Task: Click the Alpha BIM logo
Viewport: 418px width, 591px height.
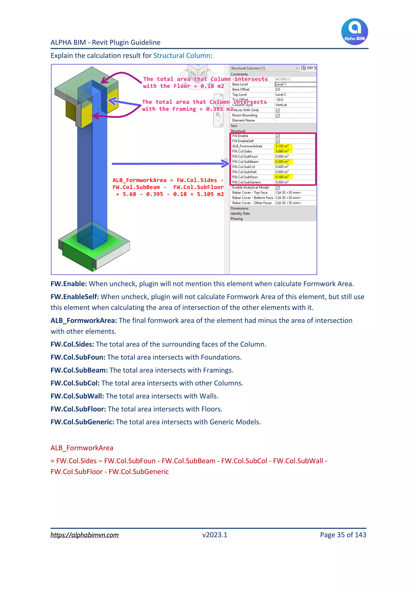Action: [355, 31]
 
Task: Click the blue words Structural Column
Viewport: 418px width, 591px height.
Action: [182, 56]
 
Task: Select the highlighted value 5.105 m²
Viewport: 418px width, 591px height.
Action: [282, 146]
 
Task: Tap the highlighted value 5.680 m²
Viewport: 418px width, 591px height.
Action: [282, 151]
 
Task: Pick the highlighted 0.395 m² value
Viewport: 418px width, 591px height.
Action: [282, 162]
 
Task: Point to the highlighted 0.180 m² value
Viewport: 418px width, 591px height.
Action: [282, 177]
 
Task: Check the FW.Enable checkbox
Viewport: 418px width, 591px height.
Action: [278, 136]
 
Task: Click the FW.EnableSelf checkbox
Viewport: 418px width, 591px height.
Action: [278, 141]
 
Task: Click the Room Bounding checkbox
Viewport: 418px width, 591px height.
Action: [278, 116]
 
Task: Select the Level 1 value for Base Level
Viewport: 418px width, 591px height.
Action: [281, 85]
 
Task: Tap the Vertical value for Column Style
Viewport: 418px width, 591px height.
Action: [281, 105]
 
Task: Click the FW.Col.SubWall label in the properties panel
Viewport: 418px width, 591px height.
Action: [244, 172]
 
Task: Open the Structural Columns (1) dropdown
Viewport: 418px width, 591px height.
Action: [297, 68]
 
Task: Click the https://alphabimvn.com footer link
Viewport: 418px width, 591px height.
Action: [84, 535]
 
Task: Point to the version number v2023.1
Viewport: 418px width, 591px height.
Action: [215, 535]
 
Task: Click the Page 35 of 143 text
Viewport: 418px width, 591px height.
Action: [343, 535]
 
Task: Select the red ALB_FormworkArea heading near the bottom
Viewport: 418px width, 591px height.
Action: [82, 448]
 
